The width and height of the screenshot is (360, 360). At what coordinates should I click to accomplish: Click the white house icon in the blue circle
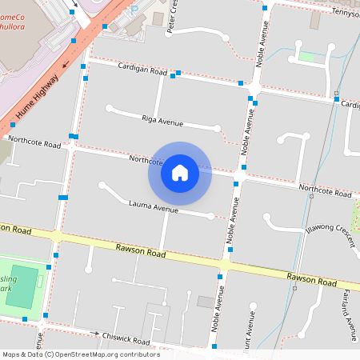pyautogui.click(x=180, y=172)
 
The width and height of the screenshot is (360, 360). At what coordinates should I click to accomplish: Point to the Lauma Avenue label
pyautogui.click(x=153, y=208)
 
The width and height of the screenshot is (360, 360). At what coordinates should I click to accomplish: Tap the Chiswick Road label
pyautogui.click(x=127, y=341)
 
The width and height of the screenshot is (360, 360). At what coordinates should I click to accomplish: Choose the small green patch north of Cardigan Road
pyautogui.click(x=307, y=57)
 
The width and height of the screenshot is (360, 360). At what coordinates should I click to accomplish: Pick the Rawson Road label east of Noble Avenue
pyautogui.click(x=311, y=278)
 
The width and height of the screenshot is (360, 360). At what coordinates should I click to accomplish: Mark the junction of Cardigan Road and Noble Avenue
pyautogui.click(x=253, y=86)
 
